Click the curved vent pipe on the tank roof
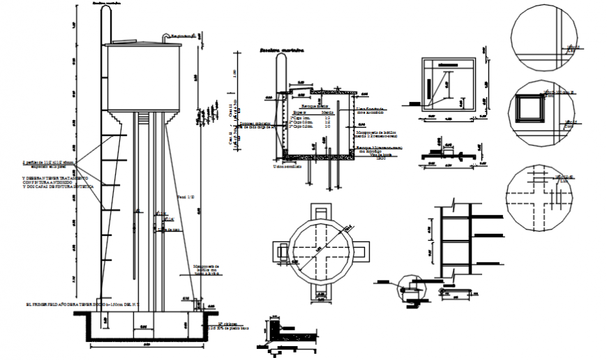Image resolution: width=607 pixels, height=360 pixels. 166,36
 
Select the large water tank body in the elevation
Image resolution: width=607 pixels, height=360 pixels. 143,77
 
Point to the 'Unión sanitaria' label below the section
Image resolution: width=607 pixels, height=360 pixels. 287,167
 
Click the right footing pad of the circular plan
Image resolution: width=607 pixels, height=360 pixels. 364,248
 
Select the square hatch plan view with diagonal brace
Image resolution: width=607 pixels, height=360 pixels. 446,83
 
